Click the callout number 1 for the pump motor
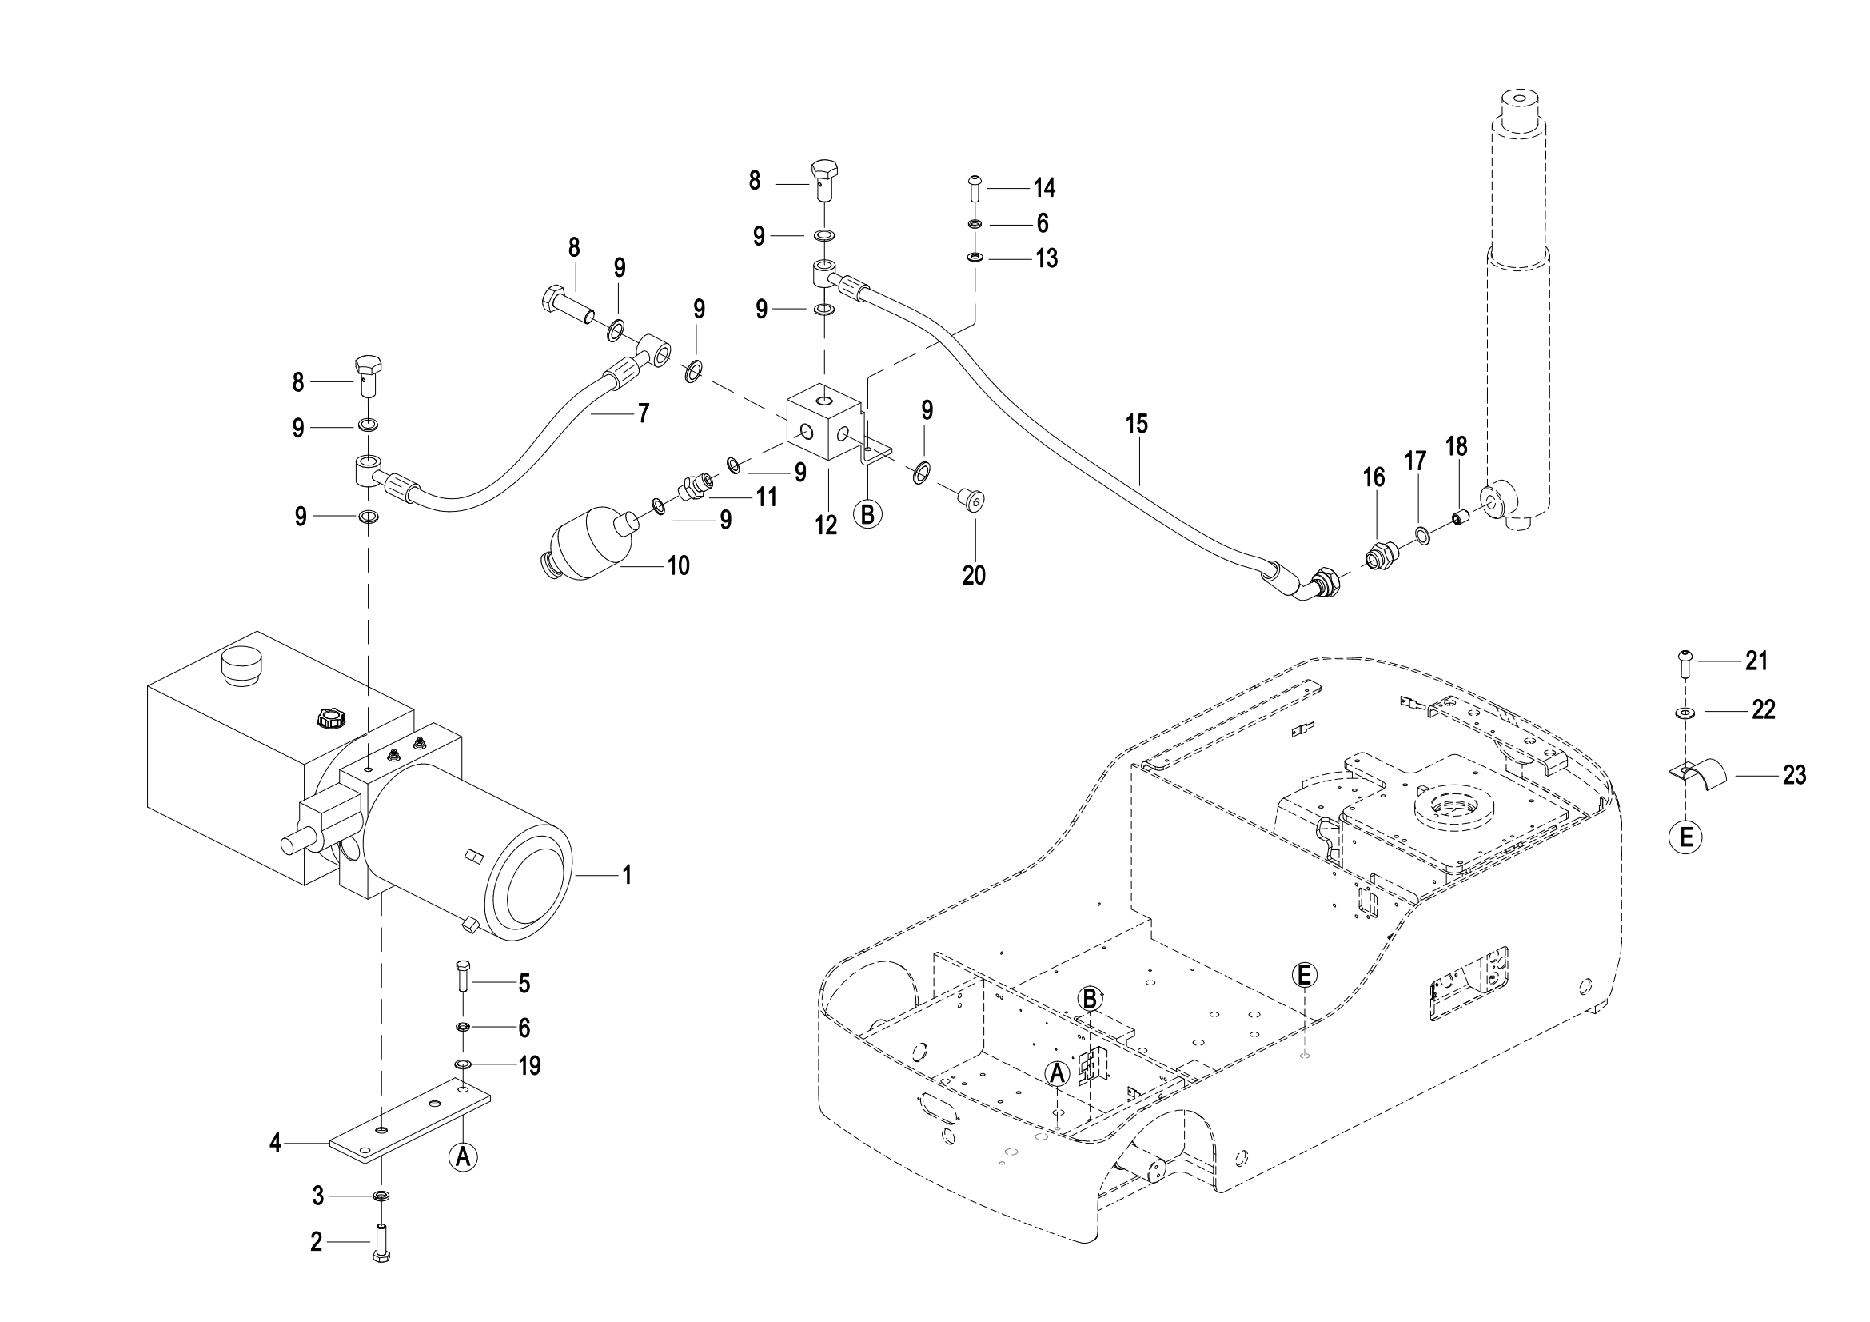(626, 875)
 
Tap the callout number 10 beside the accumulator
(679, 565)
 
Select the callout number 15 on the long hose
(1136, 424)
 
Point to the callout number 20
(973, 575)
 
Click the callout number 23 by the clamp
(1794, 775)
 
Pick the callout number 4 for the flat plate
(275, 1144)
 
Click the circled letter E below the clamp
(1686, 836)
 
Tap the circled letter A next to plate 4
(463, 1156)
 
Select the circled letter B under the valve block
(867, 514)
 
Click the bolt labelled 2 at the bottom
(381, 1244)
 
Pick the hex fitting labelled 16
(1378, 557)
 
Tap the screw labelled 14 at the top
(975, 187)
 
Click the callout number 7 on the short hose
(643, 413)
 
